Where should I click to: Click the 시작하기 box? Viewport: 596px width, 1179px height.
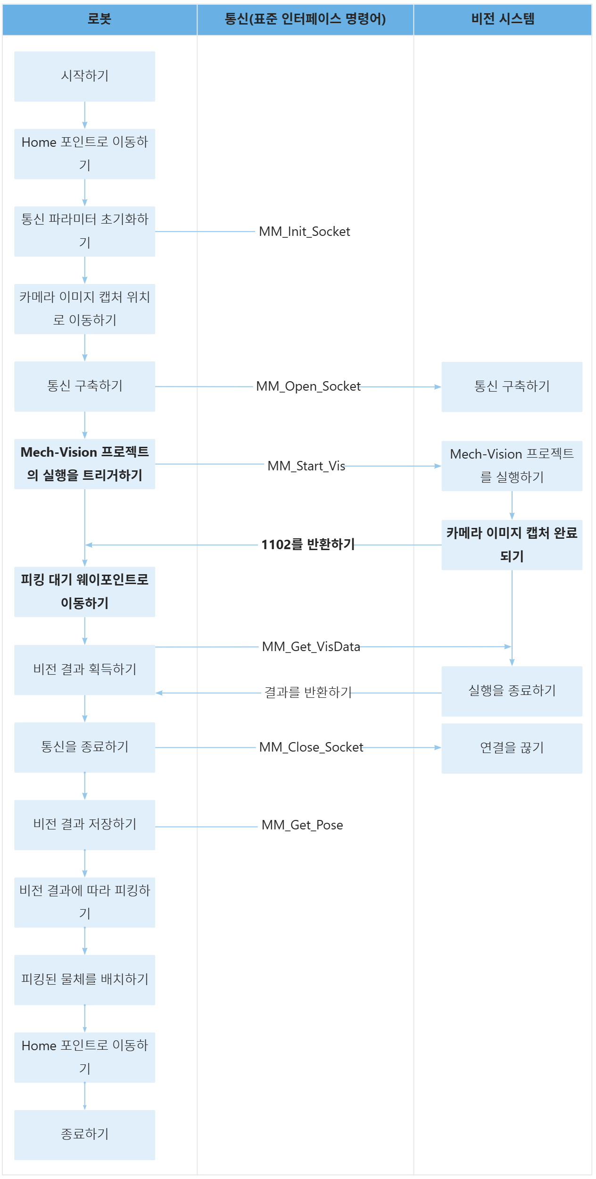coord(85,76)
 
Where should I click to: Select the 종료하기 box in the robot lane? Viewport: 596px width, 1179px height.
coord(85,1135)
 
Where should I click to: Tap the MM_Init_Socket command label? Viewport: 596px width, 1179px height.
coord(305,232)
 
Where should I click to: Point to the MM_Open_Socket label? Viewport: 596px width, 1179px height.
coord(308,386)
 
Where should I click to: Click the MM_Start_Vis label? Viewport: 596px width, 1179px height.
coord(306,466)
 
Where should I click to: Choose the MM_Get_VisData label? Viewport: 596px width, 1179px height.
coord(311,646)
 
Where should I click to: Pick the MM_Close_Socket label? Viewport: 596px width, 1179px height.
coord(311,747)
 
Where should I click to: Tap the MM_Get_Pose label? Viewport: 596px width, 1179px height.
coord(302,825)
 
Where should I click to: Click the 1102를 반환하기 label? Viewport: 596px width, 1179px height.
coord(308,545)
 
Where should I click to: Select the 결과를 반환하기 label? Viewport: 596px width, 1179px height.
coord(308,692)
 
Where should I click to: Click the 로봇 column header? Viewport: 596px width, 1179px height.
coord(99,19)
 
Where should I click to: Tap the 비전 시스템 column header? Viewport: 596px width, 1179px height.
coord(503,19)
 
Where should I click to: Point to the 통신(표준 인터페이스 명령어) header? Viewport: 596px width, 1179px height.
coord(305,19)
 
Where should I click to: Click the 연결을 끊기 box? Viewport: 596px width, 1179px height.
coord(512,748)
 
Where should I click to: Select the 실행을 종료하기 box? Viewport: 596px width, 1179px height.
coord(512,691)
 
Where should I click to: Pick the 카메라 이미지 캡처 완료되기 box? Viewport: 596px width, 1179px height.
coord(512,545)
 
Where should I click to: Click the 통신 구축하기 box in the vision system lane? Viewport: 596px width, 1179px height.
coord(512,387)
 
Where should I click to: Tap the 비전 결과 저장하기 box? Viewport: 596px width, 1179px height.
coord(85,825)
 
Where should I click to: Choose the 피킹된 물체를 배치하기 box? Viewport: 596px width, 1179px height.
coord(85,980)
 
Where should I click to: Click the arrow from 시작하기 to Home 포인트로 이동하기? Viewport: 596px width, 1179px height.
coord(85,115)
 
